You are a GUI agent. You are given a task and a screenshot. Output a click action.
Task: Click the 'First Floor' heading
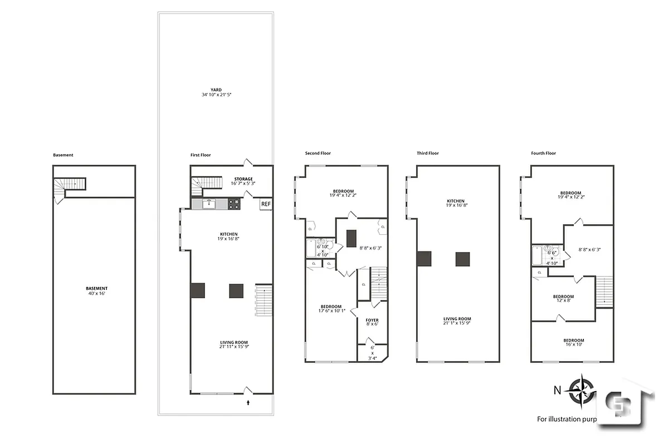(x=201, y=155)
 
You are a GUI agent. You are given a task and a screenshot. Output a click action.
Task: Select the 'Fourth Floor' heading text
(x=543, y=153)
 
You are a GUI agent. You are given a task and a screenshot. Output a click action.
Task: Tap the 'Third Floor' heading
(x=428, y=153)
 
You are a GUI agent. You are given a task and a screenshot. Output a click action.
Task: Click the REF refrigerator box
(x=266, y=204)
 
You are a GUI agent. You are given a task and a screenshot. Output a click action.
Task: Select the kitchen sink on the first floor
(x=209, y=204)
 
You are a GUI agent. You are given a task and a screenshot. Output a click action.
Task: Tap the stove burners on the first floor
(x=233, y=204)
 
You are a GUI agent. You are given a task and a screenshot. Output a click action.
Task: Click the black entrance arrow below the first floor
(x=248, y=400)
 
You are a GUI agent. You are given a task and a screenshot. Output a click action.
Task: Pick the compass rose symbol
(x=580, y=390)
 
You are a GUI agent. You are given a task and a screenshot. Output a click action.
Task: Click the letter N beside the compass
(x=557, y=390)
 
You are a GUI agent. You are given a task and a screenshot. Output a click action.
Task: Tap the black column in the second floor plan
(x=351, y=238)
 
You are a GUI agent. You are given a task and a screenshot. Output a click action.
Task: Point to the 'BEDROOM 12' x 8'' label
(x=563, y=299)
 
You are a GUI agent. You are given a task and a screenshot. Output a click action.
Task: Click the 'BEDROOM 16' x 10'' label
(x=573, y=343)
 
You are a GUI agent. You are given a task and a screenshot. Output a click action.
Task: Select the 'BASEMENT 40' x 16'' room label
(x=96, y=290)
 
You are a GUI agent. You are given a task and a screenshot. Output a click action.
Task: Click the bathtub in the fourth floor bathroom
(x=537, y=256)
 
